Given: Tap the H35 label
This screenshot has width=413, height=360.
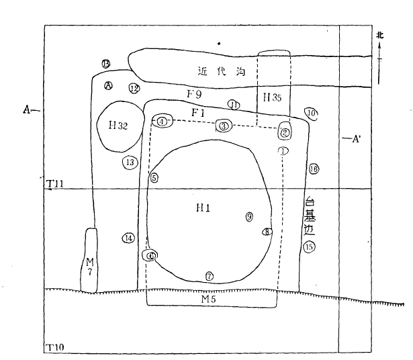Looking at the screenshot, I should point(272,97).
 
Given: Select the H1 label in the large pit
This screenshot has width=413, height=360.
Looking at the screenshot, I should point(203,209).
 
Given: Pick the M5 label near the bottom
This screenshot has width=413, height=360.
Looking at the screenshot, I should point(210,298).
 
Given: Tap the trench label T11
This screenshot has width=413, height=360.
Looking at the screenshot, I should point(55,183).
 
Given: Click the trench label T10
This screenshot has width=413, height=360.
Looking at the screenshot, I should point(55,347).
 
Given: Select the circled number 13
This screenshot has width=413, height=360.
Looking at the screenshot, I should point(130,162).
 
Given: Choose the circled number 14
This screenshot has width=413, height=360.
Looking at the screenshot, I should point(128,238).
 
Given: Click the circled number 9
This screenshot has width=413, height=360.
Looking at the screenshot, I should point(249,216).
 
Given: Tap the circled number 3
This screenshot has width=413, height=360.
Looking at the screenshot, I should point(224,126).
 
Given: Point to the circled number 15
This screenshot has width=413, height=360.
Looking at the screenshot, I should point(309,247).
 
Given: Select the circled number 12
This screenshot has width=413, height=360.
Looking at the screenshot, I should point(134,89).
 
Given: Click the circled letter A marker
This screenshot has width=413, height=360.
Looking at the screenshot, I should point(109,85).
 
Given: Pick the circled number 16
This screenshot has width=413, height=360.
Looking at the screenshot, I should point(314,169).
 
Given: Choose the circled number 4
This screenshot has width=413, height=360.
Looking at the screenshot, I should point(163,122).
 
